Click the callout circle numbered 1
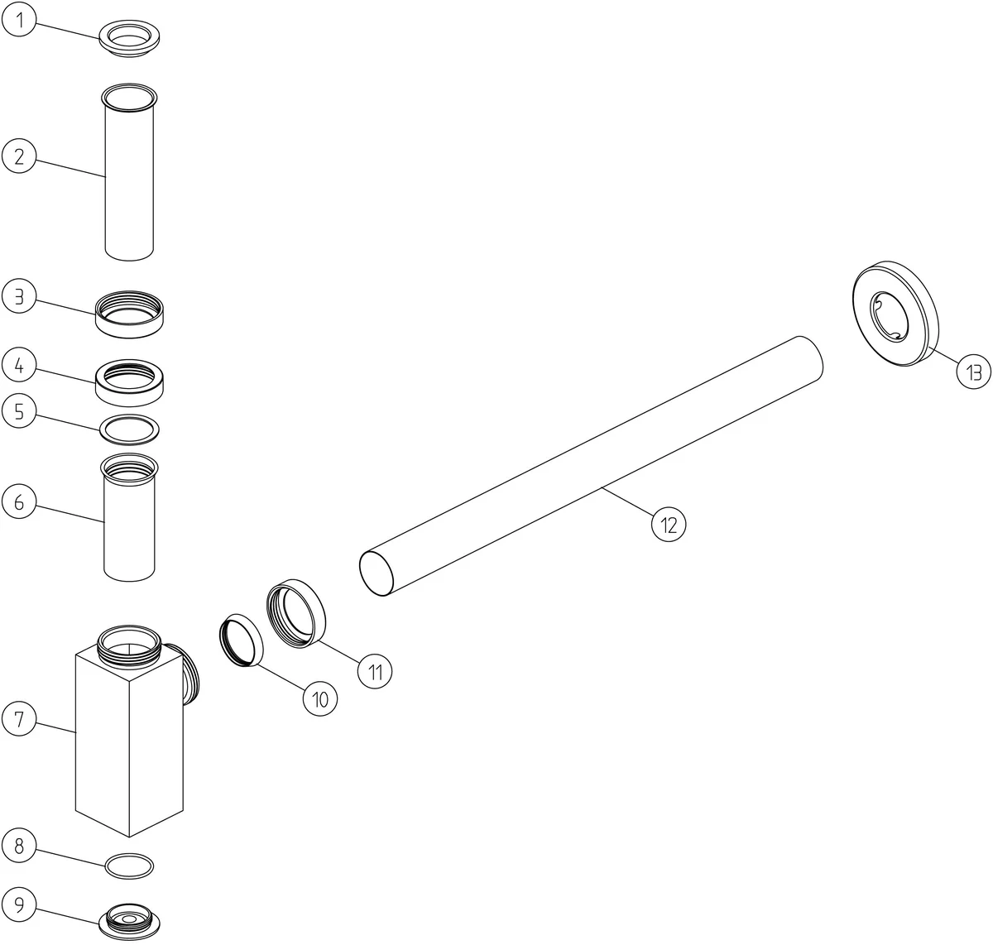19,19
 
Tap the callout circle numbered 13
973,372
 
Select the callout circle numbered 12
669,525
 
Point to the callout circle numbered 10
319,698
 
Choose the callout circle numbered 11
375,671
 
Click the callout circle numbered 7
19,718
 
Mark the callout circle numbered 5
19,411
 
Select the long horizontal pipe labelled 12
591,466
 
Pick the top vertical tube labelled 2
129,172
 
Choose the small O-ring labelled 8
129,866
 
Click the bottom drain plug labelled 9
129,923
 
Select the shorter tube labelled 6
129,518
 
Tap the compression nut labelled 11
296,613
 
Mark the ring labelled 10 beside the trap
241,640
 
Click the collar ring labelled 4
129,383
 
